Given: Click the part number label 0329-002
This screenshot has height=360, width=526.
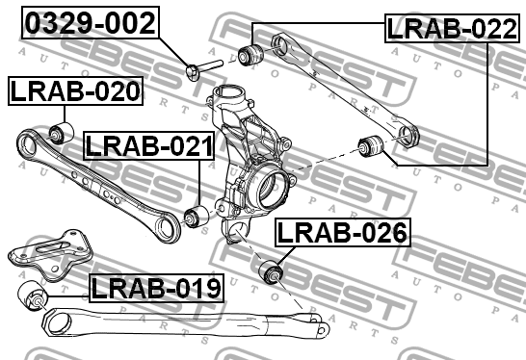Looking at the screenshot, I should [x=90, y=22].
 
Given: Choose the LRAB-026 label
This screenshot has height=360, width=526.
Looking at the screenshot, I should [x=342, y=232].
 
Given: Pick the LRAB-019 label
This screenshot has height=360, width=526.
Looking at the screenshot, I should [x=156, y=286].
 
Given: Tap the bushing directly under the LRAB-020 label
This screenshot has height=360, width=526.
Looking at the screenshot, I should [x=62, y=131].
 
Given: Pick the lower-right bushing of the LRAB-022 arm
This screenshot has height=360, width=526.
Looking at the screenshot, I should [x=371, y=146].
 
